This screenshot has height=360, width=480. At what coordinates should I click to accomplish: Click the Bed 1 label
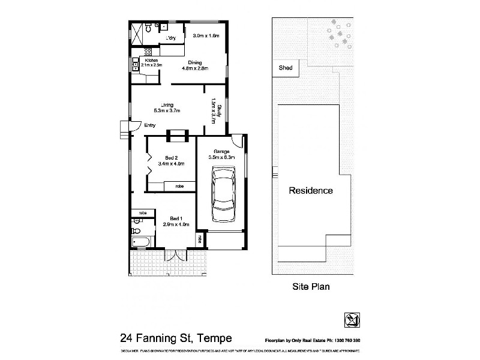(x=176, y=218)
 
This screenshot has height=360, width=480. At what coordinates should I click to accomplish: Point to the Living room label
(x=167, y=105)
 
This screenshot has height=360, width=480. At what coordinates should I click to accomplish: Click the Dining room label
(x=194, y=62)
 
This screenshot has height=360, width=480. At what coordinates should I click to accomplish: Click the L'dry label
(x=171, y=38)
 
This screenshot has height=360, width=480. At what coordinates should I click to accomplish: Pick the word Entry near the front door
(x=150, y=125)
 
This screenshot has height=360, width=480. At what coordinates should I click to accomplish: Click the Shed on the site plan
(x=286, y=68)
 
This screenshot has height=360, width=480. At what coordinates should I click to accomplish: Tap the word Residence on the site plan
(x=311, y=191)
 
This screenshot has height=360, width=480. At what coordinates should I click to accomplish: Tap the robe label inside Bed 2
(x=179, y=187)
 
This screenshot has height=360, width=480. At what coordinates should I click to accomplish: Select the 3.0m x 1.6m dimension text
(x=206, y=36)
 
